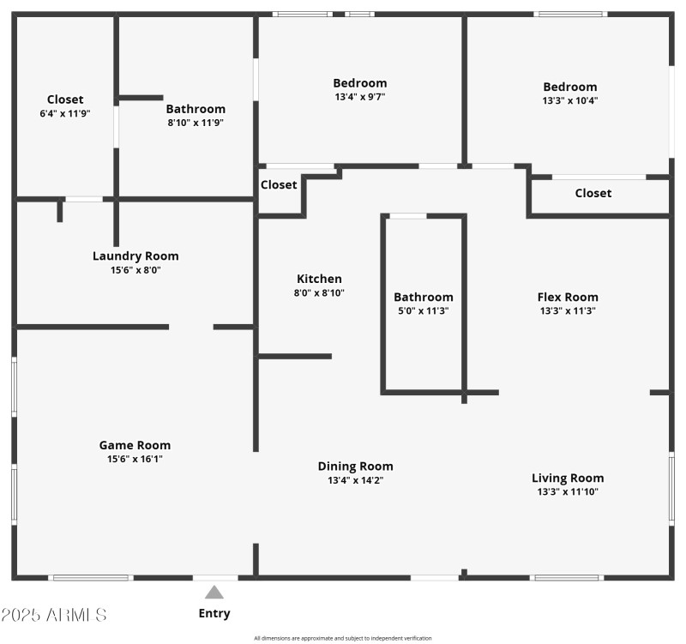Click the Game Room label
(135, 445)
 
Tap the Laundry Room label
(135, 256)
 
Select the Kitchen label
(319, 279)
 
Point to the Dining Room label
(355, 466)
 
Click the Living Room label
(568, 478)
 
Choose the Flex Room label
(568, 298)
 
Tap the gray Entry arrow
(214, 592)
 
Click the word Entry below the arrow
(214, 613)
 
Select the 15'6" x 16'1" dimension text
(135, 460)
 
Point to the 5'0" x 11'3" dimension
(424, 311)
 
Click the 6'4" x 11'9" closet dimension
(65, 113)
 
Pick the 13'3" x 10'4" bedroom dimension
(570, 100)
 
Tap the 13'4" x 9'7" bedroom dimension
(360, 97)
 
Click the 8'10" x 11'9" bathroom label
(196, 109)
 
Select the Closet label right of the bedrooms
(593, 193)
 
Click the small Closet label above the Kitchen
(279, 184)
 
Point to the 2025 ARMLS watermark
(54, 615)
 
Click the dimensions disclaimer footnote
(343, 638)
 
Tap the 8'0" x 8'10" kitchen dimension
(319, 292)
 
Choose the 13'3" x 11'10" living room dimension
(568, 492)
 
